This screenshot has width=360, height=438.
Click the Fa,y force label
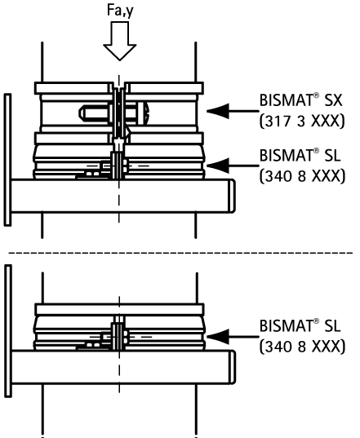(x=120, y=11)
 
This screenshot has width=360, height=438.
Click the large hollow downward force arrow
(x=120, y=42)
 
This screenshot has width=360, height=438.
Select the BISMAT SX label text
(x=300, y=100)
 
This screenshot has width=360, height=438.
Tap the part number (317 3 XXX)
(x=302, y=122)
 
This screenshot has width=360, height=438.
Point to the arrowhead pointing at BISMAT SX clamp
(x=219, y=111)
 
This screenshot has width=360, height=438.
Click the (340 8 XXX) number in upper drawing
(x=302, y=176)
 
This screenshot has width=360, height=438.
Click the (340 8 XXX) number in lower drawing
(x=302, y=347)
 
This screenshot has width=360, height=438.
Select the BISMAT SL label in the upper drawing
(x=300, y=155)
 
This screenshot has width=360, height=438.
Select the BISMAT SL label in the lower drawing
(x=300, y=325)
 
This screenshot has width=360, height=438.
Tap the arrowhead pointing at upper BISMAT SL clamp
(x=219, y=166)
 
